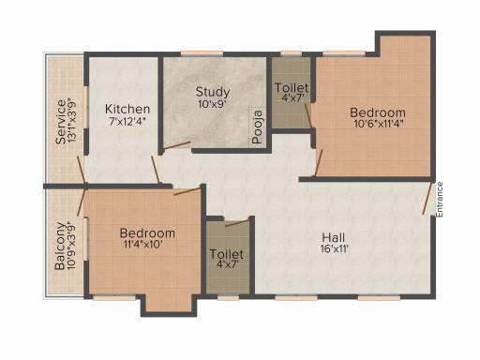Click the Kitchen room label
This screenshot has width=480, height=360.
(127, 109)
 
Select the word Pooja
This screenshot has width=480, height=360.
(258, 127)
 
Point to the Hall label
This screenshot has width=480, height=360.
(334, 237)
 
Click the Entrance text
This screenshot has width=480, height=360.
(440, 200)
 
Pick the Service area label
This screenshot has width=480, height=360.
(61, 122)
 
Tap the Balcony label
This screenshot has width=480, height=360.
(60, 246)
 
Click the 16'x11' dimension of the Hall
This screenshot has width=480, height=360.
(334, 249)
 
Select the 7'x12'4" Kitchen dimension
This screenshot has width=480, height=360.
(127, 121)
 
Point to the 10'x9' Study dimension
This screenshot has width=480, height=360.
(212, 104)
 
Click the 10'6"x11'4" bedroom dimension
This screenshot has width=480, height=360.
(378, 124)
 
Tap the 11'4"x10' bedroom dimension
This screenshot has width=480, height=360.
(142, 244)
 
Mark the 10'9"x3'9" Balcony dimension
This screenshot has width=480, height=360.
(71, 246)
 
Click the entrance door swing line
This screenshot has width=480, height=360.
(427, 198)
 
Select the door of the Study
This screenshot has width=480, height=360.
(177, 145)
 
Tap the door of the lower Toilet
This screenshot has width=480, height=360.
(237, 222)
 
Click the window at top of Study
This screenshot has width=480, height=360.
(202, 53)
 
